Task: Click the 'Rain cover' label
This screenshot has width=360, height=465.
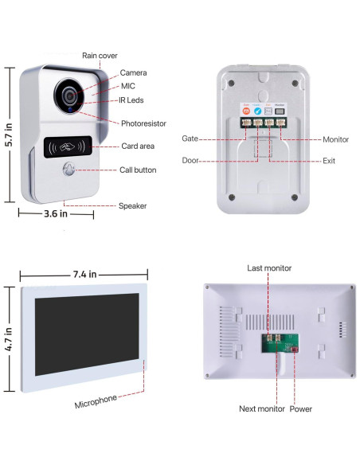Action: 100,56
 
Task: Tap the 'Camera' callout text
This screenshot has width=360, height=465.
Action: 133,73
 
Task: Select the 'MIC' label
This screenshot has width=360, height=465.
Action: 128,86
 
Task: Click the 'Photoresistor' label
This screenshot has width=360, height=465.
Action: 143,123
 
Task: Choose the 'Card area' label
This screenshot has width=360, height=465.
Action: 137,147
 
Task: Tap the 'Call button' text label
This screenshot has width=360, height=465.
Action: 138,170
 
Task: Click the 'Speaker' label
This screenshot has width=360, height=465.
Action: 132,205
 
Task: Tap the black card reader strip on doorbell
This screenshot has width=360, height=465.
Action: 68,147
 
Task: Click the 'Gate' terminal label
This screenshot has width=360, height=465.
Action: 190,139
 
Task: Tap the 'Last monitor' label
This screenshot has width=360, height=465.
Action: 269,268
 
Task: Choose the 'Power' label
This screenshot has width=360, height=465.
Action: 301,409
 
